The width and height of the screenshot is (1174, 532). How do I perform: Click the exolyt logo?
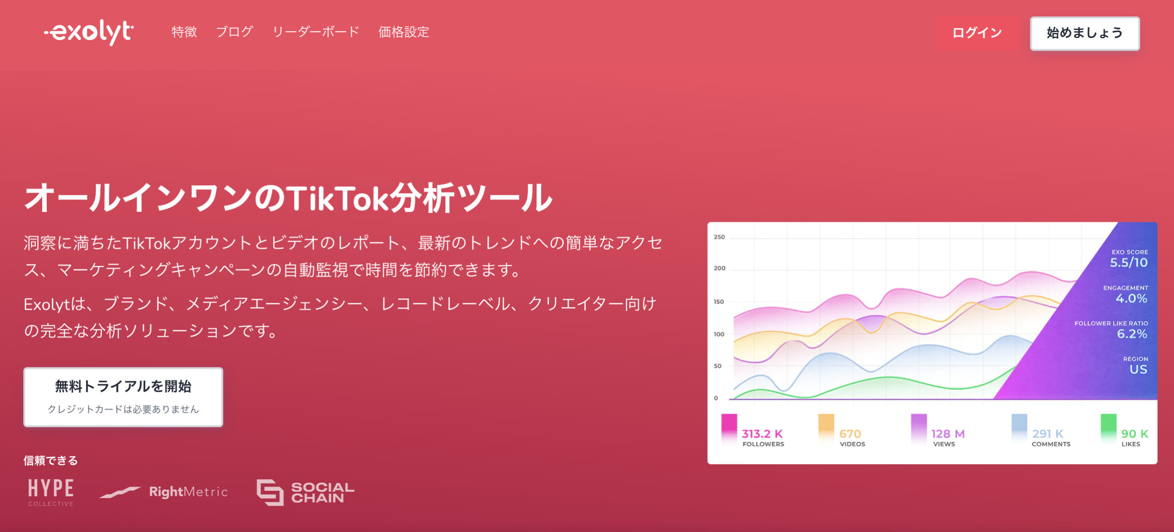click(89, 32)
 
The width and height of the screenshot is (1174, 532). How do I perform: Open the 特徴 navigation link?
click(184, 32)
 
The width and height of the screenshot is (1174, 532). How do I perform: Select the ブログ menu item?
click(234, 32)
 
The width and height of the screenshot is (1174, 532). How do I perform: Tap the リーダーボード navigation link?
click(316, 32)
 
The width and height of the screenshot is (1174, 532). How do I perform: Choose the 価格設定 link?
click(404, 32)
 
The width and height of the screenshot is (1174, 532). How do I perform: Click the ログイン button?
click(977, 33)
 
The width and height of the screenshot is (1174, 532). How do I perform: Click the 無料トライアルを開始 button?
click(123, 397)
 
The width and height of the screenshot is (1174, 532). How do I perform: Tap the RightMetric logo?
click(164, 492)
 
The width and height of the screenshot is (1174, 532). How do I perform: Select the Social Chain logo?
click(305, 493)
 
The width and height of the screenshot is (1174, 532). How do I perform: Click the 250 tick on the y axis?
click(719, 237)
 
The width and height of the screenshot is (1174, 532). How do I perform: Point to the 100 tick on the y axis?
click(719, 334)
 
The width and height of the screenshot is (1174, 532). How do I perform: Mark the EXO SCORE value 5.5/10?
click(1129, 263)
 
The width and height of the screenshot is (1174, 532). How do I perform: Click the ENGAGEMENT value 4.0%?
click(1131, 298)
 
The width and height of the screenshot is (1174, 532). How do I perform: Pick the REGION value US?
click(1138, 369)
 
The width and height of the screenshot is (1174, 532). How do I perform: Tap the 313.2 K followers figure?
click(762, 433)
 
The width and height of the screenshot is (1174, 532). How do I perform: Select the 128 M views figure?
click(948, 433)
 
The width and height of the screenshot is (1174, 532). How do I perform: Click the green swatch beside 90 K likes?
click(1108, 429)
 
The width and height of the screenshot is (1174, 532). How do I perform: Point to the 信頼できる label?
click(51, 461)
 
